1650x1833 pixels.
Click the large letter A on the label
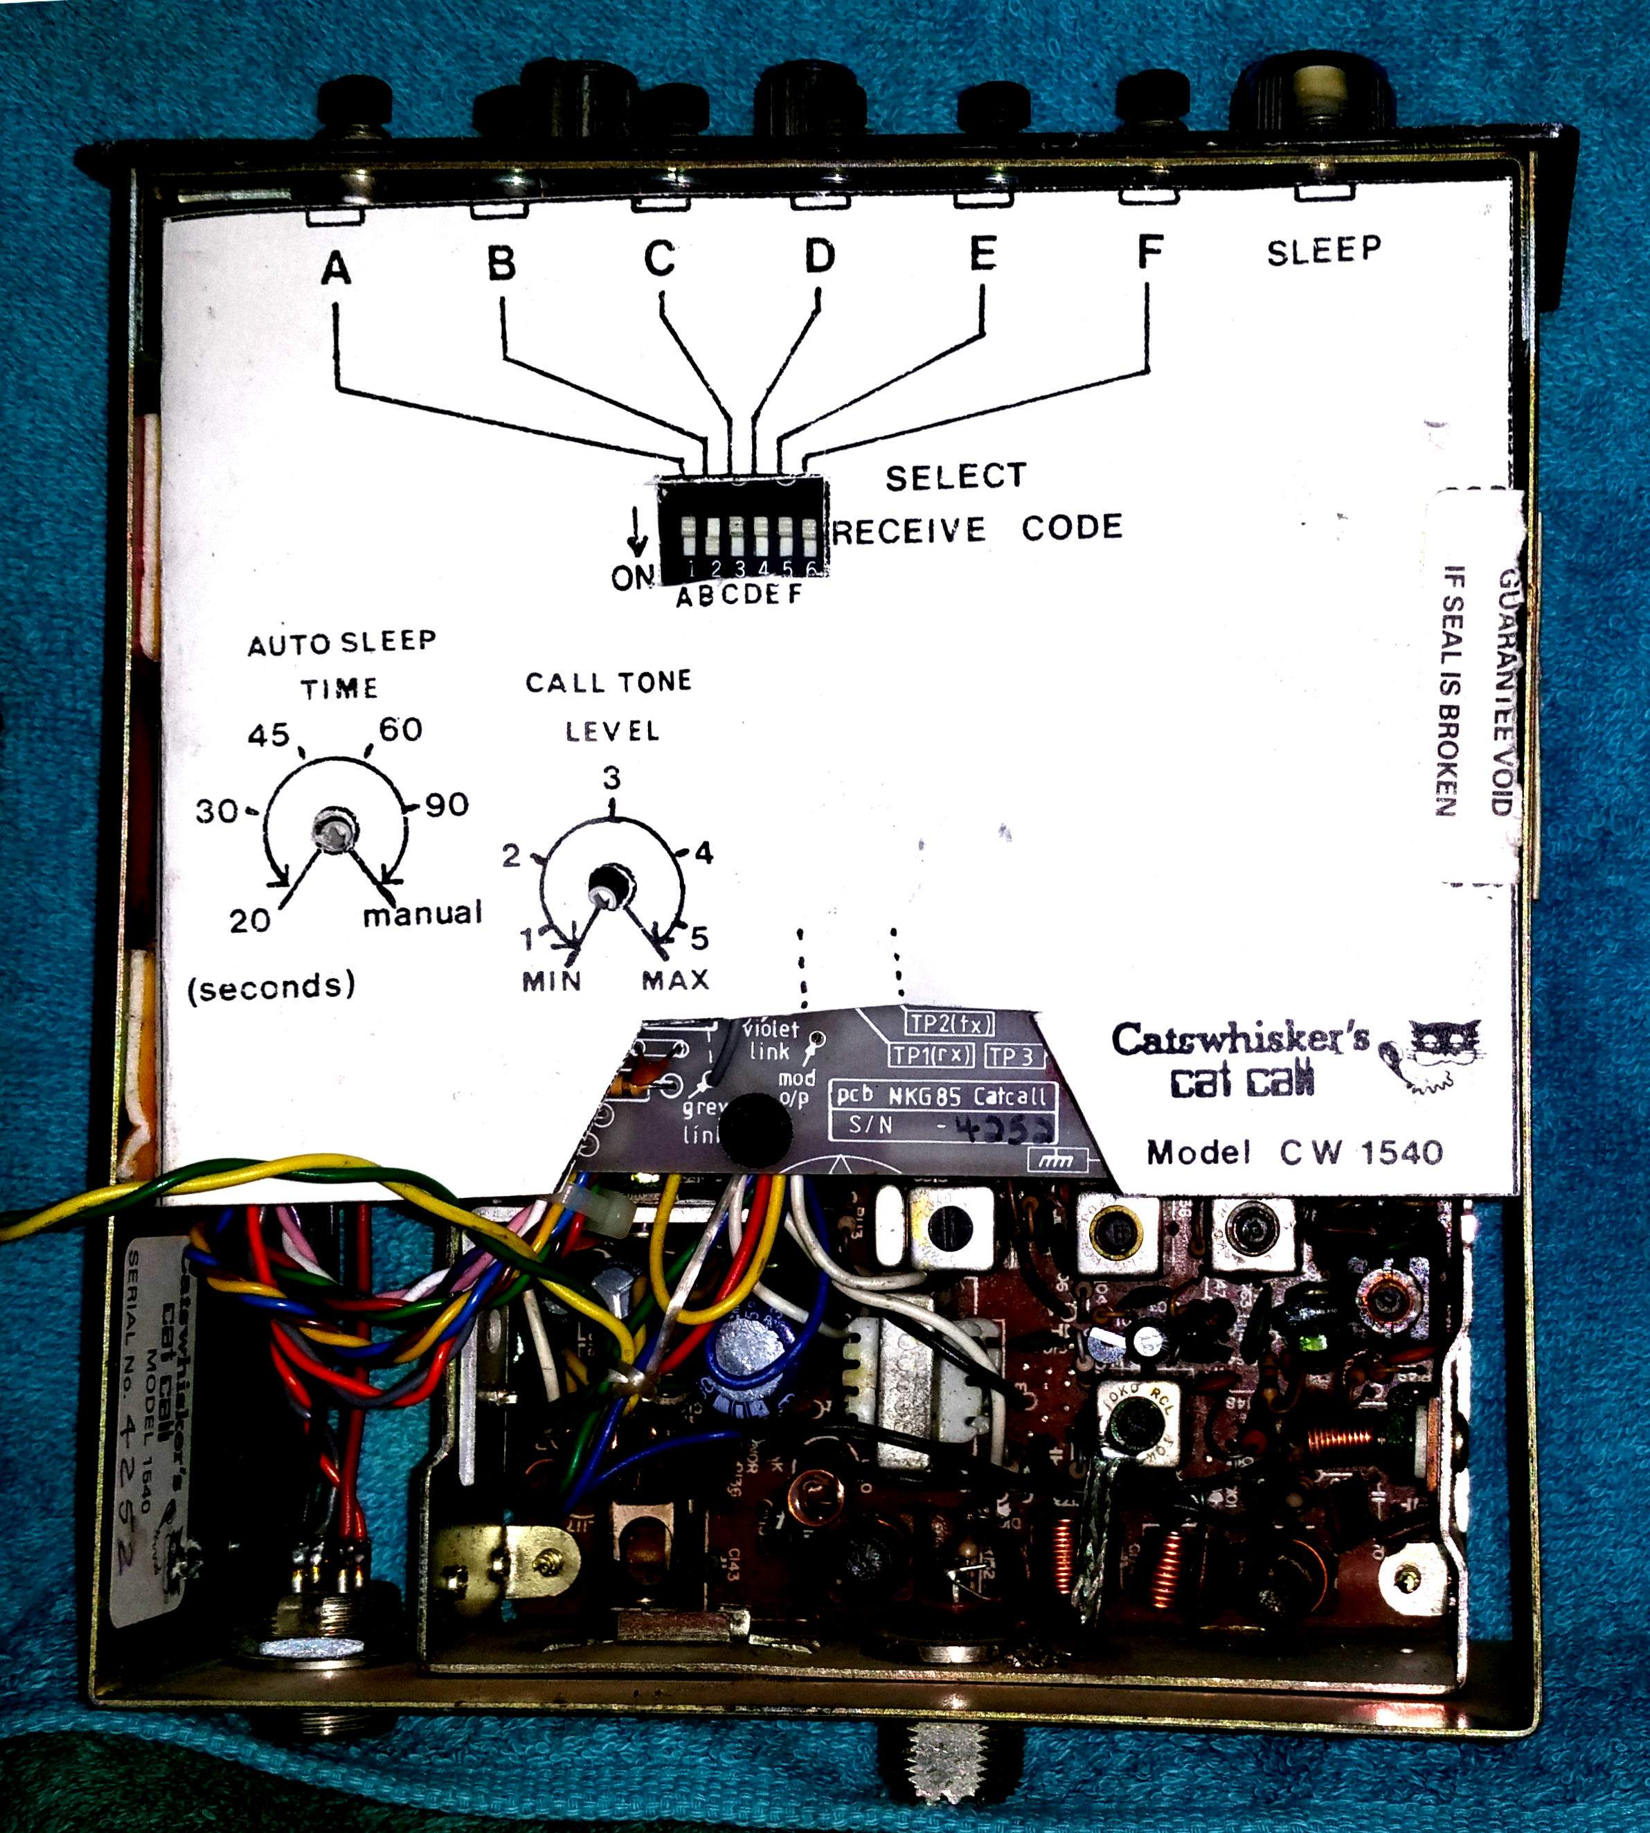(x=337, y=268)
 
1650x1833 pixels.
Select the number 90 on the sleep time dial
(x=446, y=804)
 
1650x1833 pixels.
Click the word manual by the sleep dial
(x=422, y=913)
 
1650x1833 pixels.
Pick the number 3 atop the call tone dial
(x=613, y=778)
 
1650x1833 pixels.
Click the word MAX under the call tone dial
(x=675, y=980)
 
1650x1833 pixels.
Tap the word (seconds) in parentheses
(x=271, y=985)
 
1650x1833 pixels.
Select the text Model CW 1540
(x=1293, y=1152)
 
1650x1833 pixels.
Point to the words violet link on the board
(x=771, y=1041)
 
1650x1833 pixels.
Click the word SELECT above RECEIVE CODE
(x=956, y=477)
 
